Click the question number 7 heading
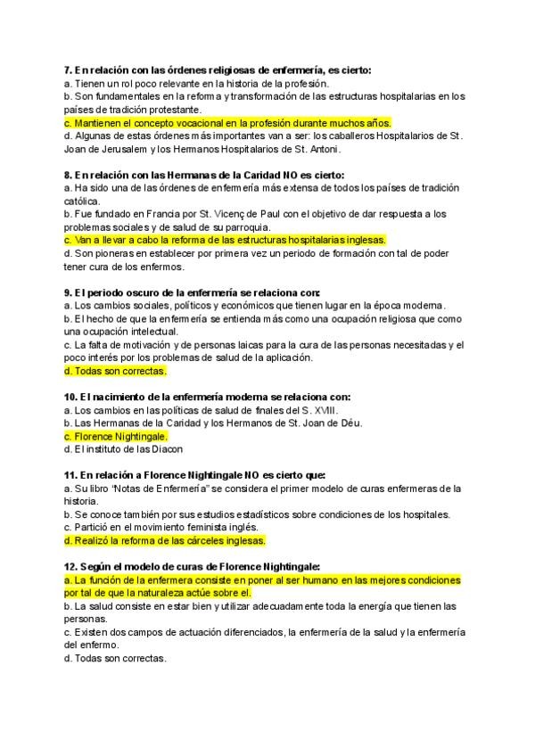pyautogui.click(x=69, y=70)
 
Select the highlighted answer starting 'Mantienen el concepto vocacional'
pyautogui.click(x=228, y=122)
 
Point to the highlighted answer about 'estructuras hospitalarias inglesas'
pyautogui.click(x=226, y=240)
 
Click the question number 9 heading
pyautogui.click(x=69, y=292)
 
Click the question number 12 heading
pyautogui.click(x=71, y=567)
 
